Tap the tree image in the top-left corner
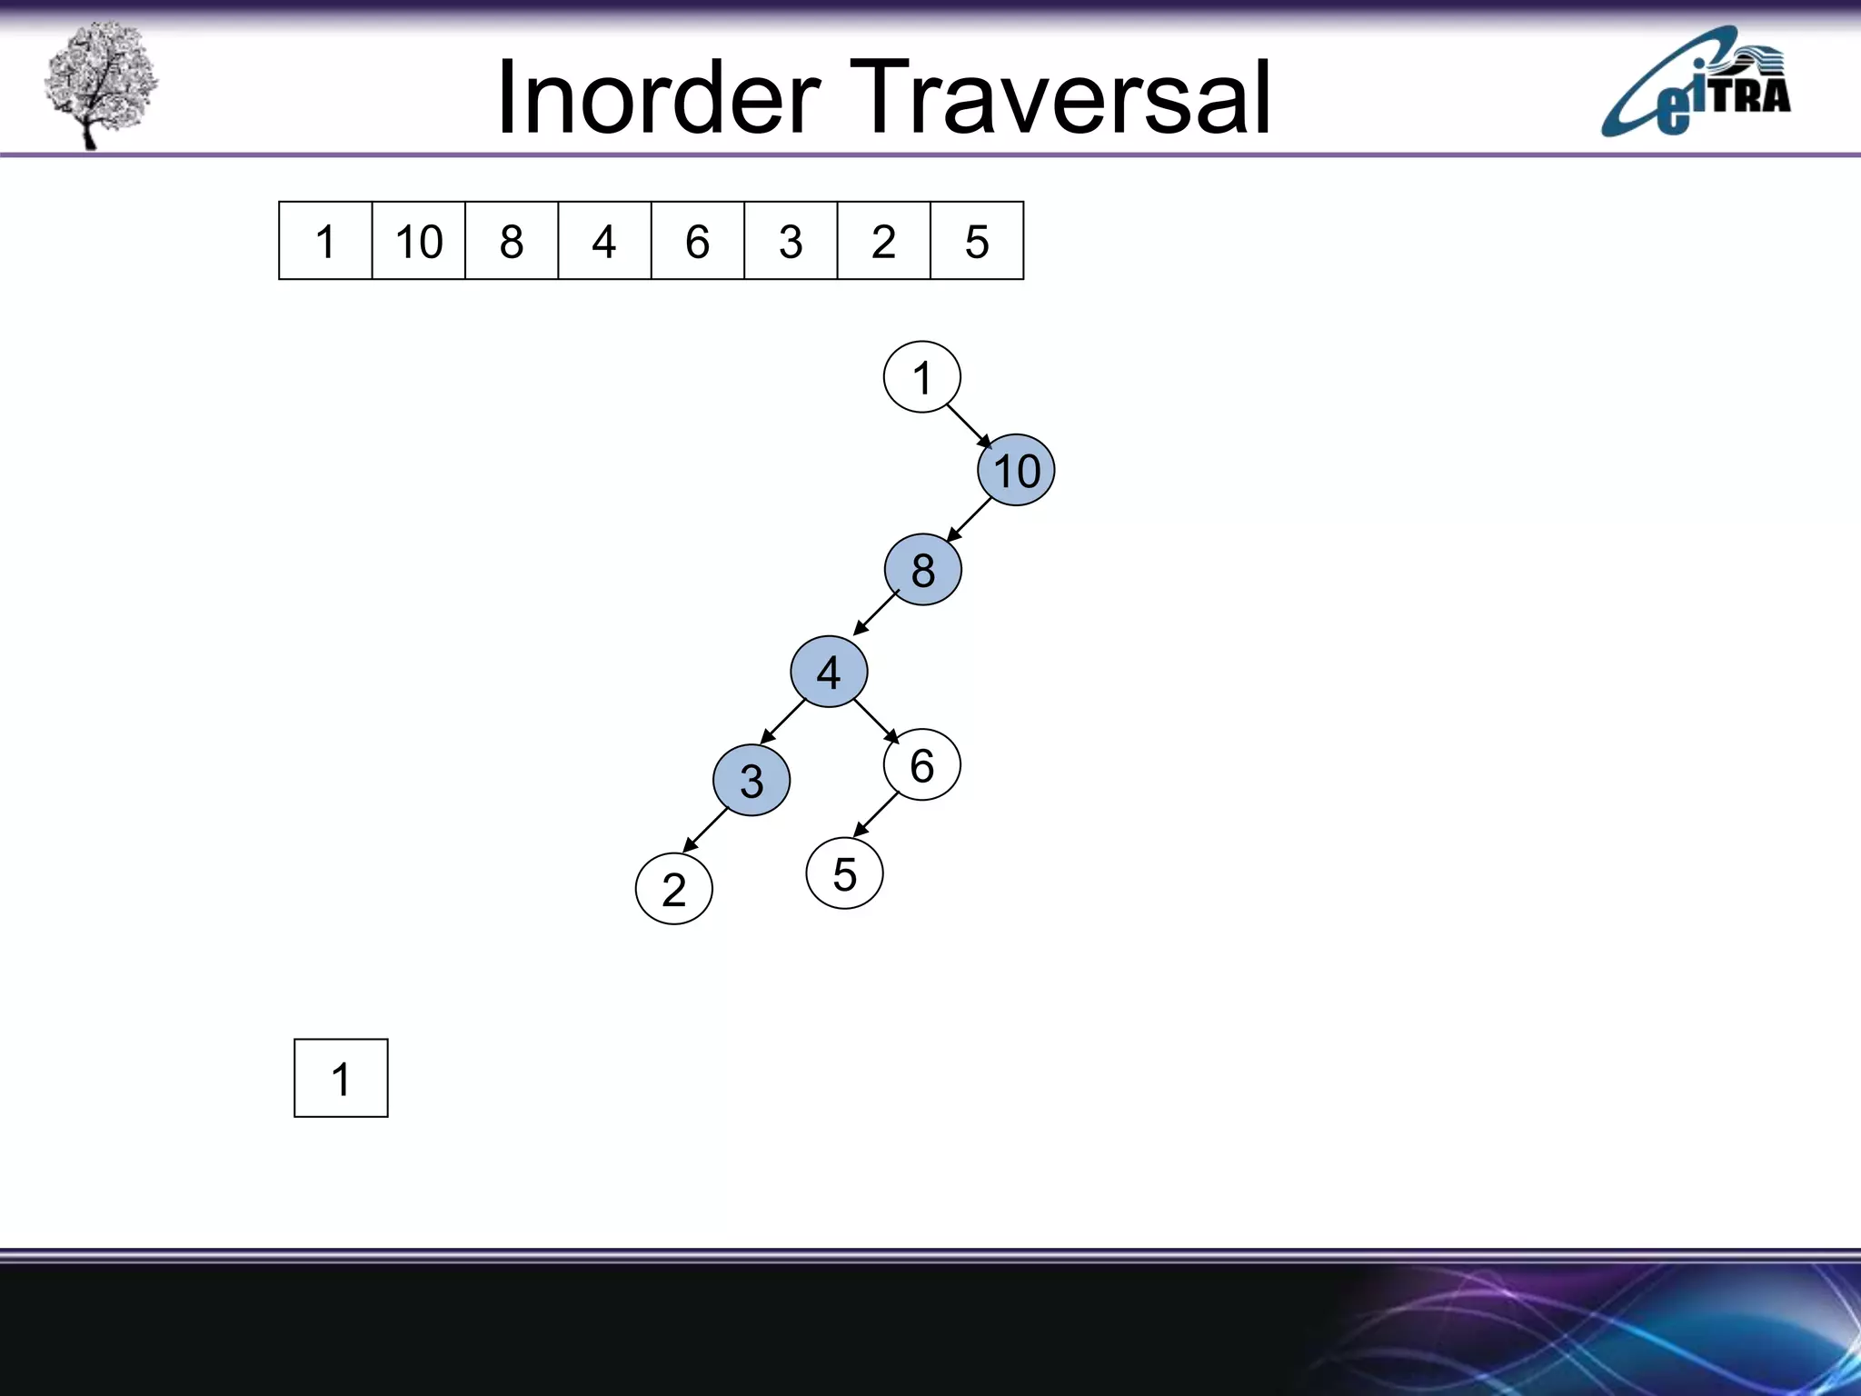point(100,84)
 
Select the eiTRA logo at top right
point(1696,84)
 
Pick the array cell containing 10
point(419,241)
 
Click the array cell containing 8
point(512,241)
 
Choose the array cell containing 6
point(697,241)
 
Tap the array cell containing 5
point(977,241)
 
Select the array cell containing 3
point(791,241)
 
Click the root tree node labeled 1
point(921,377)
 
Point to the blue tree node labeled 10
point(1016,471)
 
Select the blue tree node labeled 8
point(922,570)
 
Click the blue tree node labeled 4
point(829,672)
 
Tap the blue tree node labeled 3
point(751,780)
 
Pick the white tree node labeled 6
point(921,764)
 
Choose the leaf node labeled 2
point(673,889)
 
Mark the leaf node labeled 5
point(844,873)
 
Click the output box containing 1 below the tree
point(341,1078)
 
